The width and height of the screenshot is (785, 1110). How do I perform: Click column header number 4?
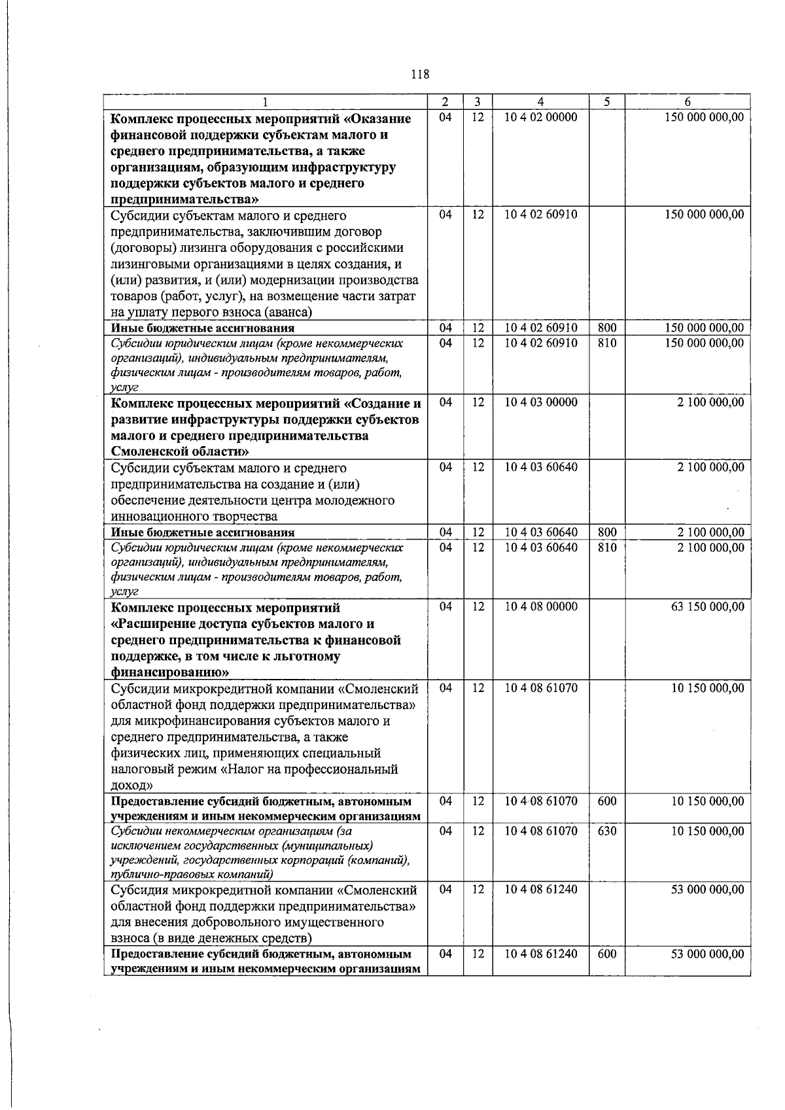click(x=540, y=102)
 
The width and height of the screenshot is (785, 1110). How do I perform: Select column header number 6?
click(x=687, y=102)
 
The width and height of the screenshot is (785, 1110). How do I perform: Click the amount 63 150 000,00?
click(x=708, y=607)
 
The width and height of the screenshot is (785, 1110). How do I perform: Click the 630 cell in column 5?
click(x=607, y=831)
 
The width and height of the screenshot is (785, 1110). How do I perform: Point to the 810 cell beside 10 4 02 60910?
click(x=607, y=343)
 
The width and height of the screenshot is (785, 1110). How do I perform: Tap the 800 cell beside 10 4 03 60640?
click(x=607, y=532)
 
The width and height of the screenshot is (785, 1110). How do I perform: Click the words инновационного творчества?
click(x=186, y=517)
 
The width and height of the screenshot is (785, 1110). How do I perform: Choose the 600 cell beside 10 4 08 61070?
click(x=607, y=801)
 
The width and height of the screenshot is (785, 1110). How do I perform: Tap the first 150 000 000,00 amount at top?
click(x=704, y=118)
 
